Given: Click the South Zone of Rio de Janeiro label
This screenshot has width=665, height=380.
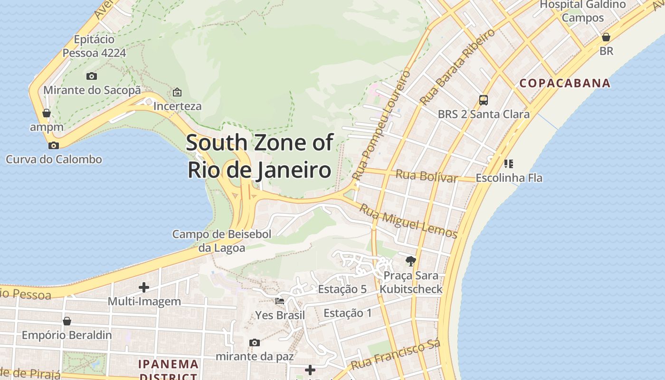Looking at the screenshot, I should [x=259, y=156].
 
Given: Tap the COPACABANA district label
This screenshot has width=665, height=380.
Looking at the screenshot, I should [x=565, y=83].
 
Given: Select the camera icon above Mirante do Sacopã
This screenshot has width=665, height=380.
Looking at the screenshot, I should [x=92, y=76].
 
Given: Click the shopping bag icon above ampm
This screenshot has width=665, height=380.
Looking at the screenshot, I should [x=47, y=113].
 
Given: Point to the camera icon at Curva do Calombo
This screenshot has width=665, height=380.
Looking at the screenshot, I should [x=54, y=145].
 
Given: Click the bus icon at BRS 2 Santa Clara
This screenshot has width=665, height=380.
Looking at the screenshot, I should [x=483, y=100].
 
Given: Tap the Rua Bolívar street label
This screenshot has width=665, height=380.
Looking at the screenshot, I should [x=427, y=176].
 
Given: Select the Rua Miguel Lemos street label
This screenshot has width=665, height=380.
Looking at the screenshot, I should [x=408, y=221].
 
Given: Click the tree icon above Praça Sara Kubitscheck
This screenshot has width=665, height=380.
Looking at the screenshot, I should [x=411, y=261].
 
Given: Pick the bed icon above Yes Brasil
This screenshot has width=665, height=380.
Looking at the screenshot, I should [x=280, y=301].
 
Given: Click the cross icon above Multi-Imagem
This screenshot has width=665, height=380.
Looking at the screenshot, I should [x=144, y=287].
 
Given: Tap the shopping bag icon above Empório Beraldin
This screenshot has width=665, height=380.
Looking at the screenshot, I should [x=67, y=321].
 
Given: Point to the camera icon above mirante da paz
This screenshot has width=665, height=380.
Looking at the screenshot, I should [x=255, y=342].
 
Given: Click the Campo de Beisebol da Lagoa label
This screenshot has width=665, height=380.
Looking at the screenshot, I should [x=222, y=241].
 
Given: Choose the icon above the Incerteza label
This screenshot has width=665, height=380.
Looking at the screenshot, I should [x=177, y=92].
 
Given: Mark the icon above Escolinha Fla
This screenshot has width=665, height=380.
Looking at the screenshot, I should [x=508, y=164].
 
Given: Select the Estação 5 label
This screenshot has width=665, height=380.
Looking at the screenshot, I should [x=342, y=289].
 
